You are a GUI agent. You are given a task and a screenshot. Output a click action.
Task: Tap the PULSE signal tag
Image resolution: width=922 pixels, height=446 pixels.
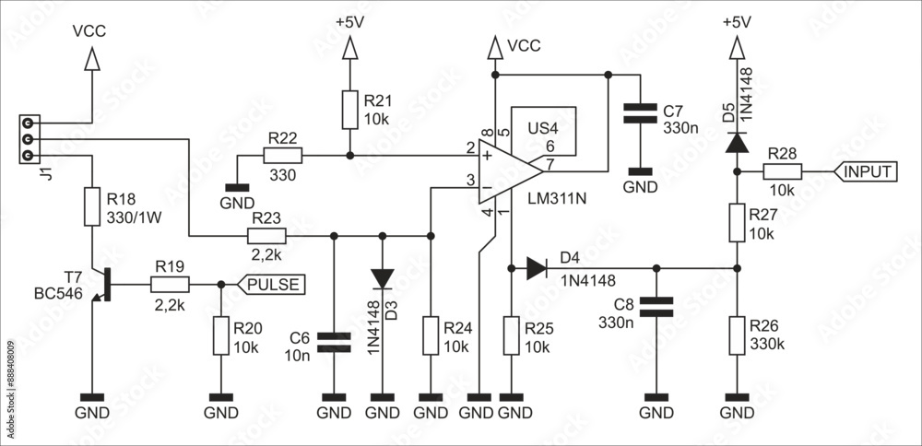click(271, 285)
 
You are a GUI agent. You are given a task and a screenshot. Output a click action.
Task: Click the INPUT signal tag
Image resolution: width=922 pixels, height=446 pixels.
click(867, 171)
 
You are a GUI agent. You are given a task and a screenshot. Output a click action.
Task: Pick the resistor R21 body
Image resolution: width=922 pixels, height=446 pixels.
click(349, 110)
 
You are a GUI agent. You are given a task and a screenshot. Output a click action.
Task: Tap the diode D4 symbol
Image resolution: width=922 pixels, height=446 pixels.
click(537, 269)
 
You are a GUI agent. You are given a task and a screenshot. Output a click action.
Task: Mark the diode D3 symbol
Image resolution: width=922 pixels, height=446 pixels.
click(382, 278)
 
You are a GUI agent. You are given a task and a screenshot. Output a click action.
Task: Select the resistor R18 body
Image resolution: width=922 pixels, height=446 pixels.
click(91, 207)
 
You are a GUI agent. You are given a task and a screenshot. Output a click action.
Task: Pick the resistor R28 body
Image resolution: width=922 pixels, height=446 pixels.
click(783, 171)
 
